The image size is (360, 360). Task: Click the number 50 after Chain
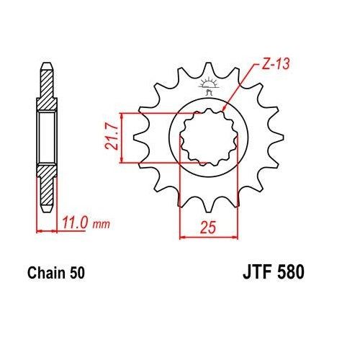pyautogui.click(x=81, y=274)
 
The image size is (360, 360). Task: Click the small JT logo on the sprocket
pyautogui.click(x=210, y=87)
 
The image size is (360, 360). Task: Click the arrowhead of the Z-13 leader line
pyautogui.click(x=226, y=107)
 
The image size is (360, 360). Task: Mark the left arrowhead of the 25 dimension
pyautogui.click(x=181, y=236)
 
